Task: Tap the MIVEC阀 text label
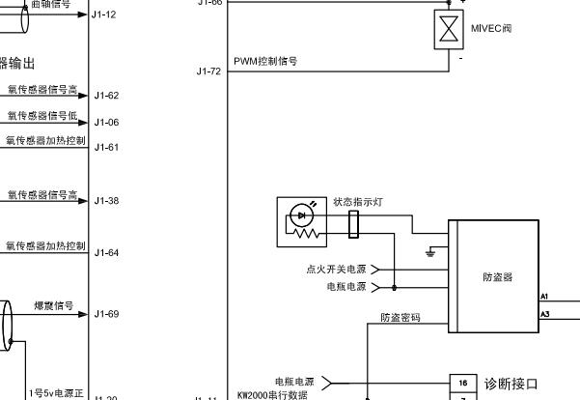click(491, 28)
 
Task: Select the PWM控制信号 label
click(265, 61)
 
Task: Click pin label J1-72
click(208, 71)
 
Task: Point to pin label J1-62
click(106, 96)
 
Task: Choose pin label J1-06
click(106, 123)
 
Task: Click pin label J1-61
click(106, 147)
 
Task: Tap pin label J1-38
click(106, 201)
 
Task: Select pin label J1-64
click(106, 253)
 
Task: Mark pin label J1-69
click(106, 314)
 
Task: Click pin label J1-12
click(103, 14)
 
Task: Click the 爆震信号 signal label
click(54, 306)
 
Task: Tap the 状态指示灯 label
click(358, 202)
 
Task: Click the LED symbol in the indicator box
click(302, 214)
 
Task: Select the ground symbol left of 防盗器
click(430, 252)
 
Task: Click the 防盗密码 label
click(400, 317)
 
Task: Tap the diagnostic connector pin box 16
click(463, 384)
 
